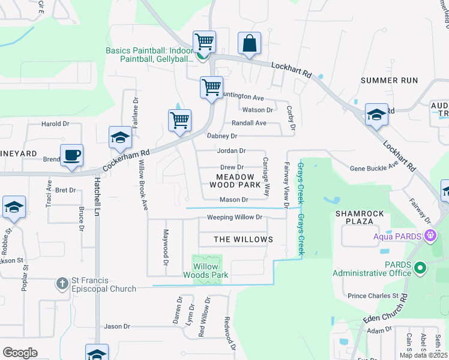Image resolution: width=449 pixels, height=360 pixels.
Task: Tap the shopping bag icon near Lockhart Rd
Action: click(x=249, y=44)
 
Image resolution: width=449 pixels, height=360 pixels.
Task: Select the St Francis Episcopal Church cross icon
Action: click(x=61, y=283)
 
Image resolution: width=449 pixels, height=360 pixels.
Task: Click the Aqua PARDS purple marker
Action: click(x=429, y=235)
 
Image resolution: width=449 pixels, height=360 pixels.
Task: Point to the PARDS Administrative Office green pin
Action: click(x=420, y=267)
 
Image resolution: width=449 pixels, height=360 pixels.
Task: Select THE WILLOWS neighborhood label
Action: click(x=244, y=239)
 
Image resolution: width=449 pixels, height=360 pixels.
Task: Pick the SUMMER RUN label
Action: click(x=388, y=80)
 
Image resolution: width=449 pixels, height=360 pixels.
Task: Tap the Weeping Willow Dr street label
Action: click(x=235, y=217)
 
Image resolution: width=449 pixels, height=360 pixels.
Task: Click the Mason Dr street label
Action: click(x=234, y=199)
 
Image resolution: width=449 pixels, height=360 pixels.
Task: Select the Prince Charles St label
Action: click(x=373, y=296)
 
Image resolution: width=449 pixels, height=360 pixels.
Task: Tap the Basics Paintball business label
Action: click(x=149, y=55)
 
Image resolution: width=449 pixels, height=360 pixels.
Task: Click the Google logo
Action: click(x=20, y=353)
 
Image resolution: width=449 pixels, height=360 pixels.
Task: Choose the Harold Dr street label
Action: click(x=55, y=124)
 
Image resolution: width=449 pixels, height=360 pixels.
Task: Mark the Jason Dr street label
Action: click(x=117, y=326)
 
